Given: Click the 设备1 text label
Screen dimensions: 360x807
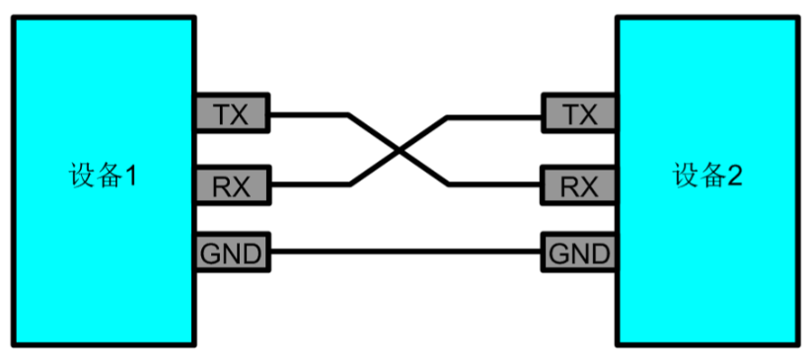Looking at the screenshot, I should pyautogui.click(x=102, y=178).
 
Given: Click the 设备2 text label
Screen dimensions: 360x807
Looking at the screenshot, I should pyautogui.click(x=707, y=178).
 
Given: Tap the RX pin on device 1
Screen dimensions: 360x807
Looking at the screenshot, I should pyautogui.click(x=231, y=184).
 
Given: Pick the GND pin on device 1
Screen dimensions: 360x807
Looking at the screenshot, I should pyautogui.click(x=231, y=253).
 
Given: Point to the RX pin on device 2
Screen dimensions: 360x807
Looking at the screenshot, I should pyautogui.click(x=579, y=184).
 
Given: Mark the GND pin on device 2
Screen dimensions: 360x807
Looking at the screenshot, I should pyautogui.click(x=579, y=253).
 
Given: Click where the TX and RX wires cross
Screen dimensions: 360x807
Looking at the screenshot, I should pyautogui.click(x=399, y=150).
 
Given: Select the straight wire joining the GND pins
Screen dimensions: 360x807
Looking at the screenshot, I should pyautogui.click(x=404, y=253).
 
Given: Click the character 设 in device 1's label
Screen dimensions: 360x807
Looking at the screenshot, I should pyautogui.click(x=81, y=178).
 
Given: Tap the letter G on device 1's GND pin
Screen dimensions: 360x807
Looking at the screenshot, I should pyautogui.click(x=211, y=253).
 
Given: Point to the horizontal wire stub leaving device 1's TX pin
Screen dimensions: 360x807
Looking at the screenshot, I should pyautogui.click(x=306, y=115).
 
